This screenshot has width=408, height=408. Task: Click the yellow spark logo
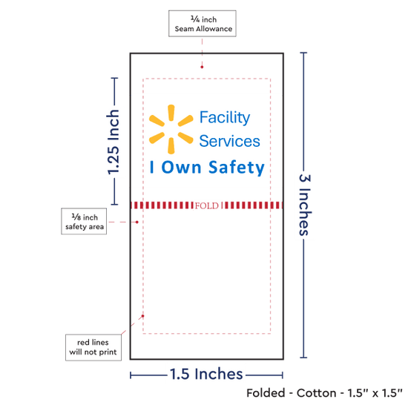pos(171,129)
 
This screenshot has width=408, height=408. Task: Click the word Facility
pos(225,118)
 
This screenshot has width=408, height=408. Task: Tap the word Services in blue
pos(229,141)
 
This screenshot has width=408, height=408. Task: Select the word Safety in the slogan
pos(236,168)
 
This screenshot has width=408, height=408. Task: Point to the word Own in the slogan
pos(181,167)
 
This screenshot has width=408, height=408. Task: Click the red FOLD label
pos(207,205)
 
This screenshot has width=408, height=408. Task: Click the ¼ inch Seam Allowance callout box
pos(203,24)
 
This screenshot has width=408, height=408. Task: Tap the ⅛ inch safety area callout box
pos(84,221)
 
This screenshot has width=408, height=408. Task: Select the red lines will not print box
pos(93,347)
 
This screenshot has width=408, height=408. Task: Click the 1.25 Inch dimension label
pos(113,142)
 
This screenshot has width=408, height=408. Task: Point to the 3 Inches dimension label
pos(305,205)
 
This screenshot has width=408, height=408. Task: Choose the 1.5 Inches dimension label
pos(206,374)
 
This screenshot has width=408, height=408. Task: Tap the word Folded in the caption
pos(266,393)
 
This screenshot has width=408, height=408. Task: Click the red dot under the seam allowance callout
pos(202,67)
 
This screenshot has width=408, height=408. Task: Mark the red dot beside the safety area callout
pos(137,222)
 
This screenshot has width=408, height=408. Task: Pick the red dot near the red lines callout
pos(142,316)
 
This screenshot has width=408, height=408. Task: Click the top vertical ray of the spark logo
pos(171,113)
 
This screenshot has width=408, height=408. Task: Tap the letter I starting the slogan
pos(152,167)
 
